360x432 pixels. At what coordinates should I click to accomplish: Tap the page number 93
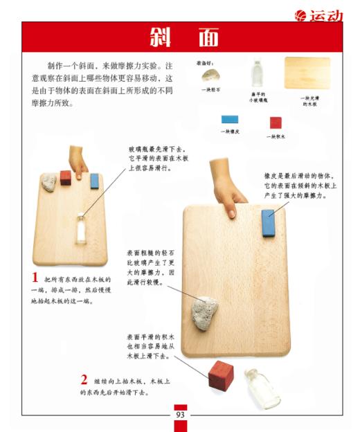pos(180,415)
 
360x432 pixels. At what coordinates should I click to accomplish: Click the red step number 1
pos(35,277)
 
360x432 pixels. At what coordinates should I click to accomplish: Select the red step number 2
pos(84,379)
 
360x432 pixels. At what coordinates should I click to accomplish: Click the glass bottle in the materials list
pos(257,72)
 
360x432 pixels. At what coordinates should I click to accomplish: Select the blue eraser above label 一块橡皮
pos(230,119)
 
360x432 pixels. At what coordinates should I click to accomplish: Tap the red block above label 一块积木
pos(276,123)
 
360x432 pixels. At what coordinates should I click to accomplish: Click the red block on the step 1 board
pos(66,177)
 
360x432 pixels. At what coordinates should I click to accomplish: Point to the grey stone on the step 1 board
pos(50,183)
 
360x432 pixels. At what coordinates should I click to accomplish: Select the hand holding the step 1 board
pos(79,161)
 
